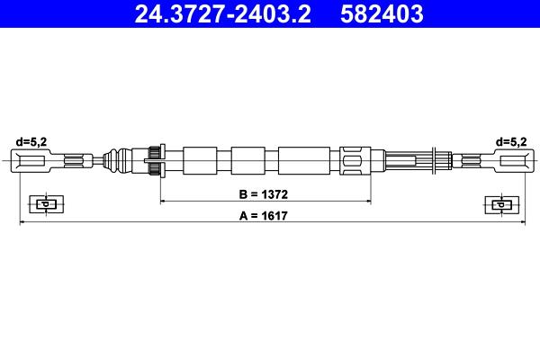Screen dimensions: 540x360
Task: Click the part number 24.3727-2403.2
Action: [x=222, y=13]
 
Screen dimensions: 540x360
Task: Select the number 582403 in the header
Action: [x=382, y=13]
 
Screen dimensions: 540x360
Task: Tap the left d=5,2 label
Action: [x=31, y=141]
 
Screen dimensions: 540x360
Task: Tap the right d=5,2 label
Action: [x=511, y=141]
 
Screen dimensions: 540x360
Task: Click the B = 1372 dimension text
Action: [x=264, y=194]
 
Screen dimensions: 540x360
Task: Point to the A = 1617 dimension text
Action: [x=264, y=216]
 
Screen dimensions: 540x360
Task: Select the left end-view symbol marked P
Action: [x=46, y=204]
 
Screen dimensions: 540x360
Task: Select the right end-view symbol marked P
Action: [x=502, y=204]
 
